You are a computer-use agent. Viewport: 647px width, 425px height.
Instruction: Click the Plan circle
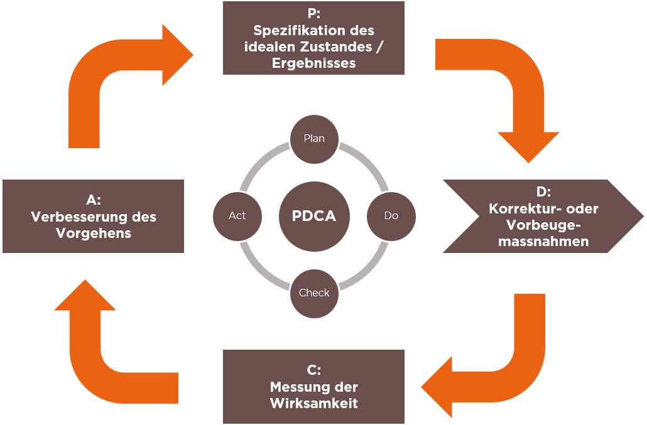314,139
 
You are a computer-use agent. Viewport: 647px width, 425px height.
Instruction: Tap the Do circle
391,216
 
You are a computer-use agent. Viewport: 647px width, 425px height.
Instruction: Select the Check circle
314,293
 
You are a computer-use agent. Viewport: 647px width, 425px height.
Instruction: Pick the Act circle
237,216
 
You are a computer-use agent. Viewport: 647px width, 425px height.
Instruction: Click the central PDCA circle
314,216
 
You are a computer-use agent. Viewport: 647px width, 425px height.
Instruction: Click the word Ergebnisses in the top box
313,63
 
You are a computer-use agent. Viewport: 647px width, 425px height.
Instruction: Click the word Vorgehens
94,234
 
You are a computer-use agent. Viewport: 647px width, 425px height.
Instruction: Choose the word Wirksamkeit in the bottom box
314,403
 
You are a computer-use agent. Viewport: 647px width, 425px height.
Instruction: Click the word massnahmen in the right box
543,241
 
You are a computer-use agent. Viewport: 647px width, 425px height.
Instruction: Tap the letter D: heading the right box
543,191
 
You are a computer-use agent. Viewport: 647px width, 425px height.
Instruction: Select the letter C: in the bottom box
314,370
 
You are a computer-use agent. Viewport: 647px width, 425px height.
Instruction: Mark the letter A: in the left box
94,200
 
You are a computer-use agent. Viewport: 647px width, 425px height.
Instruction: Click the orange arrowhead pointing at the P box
177,55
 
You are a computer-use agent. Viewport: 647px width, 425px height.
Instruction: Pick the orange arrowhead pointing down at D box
528,147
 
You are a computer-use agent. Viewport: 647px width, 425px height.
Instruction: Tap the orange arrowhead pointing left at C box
437,387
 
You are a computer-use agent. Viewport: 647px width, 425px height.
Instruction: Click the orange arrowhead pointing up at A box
85,295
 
